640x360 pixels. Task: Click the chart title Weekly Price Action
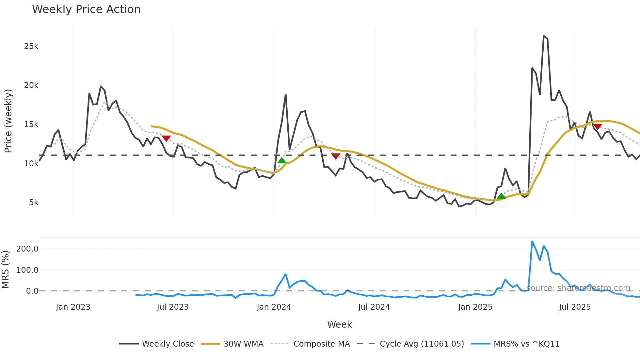pyautogui.click(x=86, y=9)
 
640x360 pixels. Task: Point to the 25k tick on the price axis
pyautogui.click(x=31, y=46)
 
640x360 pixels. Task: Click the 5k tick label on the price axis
pyautogui.click(x=34, y=203)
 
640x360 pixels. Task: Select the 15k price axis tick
pyautogui.click(x=31, y=124)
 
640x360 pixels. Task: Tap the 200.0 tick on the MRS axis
pyautogui.click(x=27, y=249)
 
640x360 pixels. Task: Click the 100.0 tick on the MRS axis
pyautogui.click(x=27, y=270)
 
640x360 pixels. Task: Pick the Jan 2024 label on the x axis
pyautogui.click(x=274, y=307)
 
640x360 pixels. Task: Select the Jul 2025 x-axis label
pyautogui.click(x=575, y=307)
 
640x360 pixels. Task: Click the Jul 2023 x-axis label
pyautogui.click(x=172, y=307)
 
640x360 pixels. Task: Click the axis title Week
pyautogui.click(x=339, y=324)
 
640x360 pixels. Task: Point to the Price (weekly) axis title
pyautogui.click(x=8, y=121)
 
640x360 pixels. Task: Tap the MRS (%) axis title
pyautogui.click(x=5, y=270)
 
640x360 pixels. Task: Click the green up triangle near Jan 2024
pyautogui.click(x=281, y=160)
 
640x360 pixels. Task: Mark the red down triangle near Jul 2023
pyautogui.click(x=166, y=139)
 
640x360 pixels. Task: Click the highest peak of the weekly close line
pyautogui.click(x=544, y=36)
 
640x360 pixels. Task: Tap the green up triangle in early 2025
pyautogui.click(x=501, y=196)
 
